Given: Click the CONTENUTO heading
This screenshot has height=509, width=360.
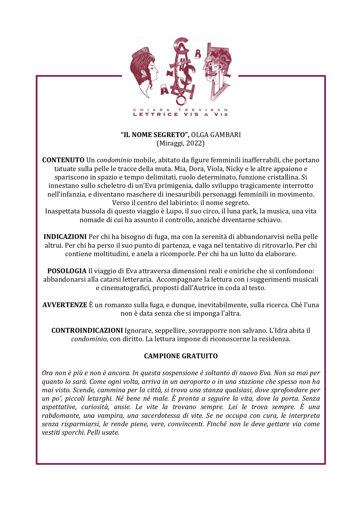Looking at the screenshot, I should pyautogui.click(x=63, y=160).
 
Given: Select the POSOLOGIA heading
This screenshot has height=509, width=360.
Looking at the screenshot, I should pyautogui.click(x=67, y=271).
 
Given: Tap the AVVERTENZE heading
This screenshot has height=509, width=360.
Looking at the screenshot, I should pyautogui.click(x=65, y=305).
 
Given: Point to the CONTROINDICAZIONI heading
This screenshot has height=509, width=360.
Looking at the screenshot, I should pyautogui.click(x=87, y=330).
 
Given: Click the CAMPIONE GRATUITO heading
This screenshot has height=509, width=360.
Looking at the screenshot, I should pyautogui.click(x=181, y=356).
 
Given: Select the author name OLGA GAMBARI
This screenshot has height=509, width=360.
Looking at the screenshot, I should pyautogui.click(x=216, y=135).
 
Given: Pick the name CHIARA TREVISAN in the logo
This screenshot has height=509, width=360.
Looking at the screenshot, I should pyautogui.click(x=180, y=110).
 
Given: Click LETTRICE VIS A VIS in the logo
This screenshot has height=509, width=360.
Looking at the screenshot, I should pyautogui.click(x=180, y=114).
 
